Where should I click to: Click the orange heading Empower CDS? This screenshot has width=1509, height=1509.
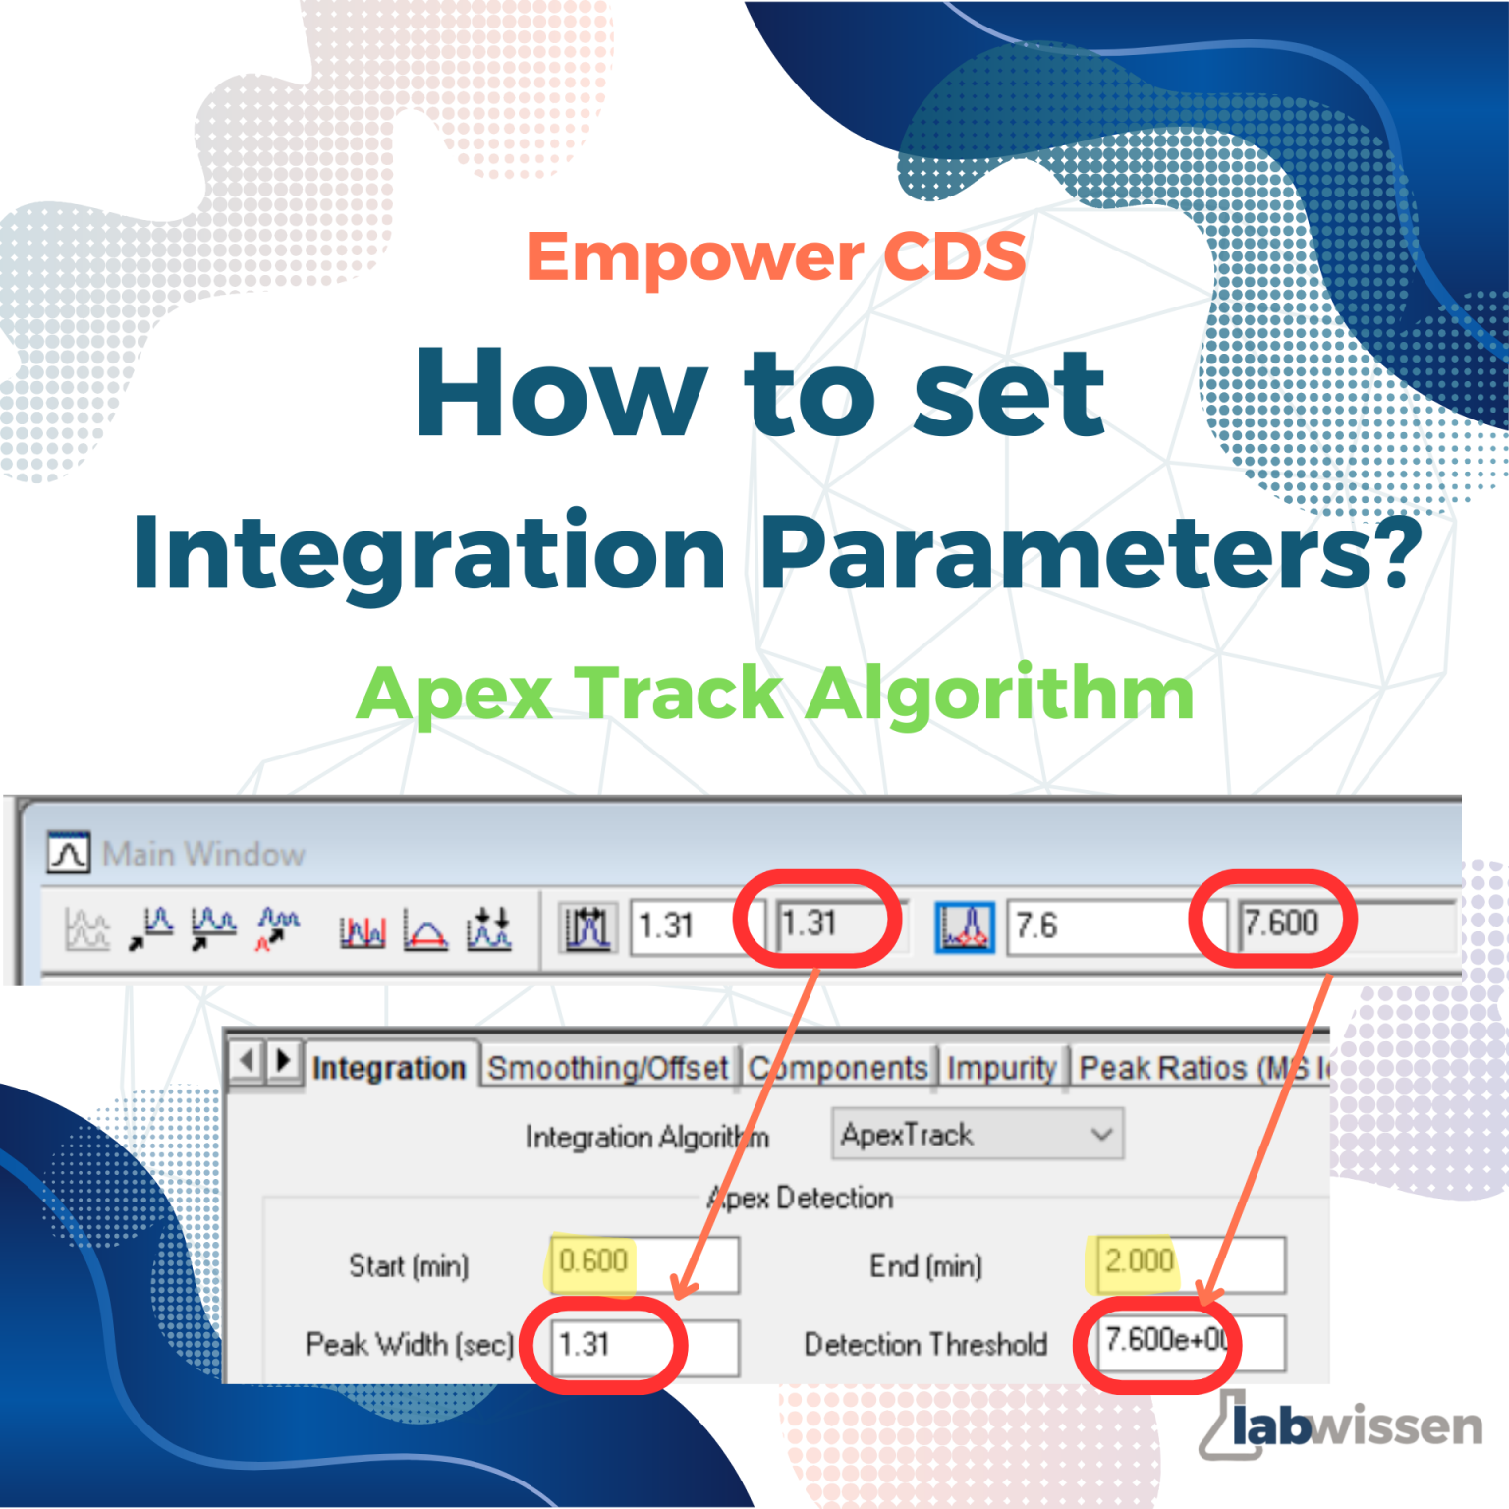pos(776,257)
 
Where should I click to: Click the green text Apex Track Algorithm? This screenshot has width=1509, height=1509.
pos(774,694)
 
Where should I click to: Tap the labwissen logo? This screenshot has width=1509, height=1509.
pos(1342,1425)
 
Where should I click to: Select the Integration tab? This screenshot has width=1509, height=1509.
pos(389,1068)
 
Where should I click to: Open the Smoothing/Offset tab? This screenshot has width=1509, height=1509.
pos(608,1068)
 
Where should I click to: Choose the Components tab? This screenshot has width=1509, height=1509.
pos(838,1068)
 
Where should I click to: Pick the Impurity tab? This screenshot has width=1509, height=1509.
pos(1001,1068)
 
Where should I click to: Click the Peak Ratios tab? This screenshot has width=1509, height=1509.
pos(1199,1068)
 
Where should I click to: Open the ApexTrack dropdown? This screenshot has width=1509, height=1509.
pos(977,1135)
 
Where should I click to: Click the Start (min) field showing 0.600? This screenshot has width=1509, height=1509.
pos(643,1262)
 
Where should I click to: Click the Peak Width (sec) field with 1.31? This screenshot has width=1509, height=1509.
pos(643,1344)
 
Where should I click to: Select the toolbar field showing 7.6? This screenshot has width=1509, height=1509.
pos(1100,925)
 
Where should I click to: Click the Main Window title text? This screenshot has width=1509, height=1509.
pos(203,854)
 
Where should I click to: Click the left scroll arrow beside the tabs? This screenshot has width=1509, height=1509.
pos(247,1061)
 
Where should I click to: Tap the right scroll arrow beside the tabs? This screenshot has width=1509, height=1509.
pos(284,1061)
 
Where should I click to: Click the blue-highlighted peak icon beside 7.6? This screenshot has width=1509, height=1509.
pos(964,926)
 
